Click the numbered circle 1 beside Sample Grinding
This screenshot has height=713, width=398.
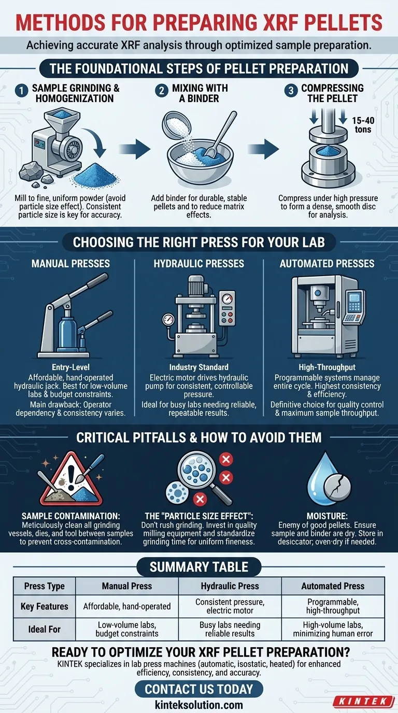tap(21, 91)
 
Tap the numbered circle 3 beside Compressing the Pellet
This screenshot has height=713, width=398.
tap(291, 90)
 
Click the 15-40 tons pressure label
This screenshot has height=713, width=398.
tap(363, 125)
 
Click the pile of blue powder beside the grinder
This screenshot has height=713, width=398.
tap(95, 176)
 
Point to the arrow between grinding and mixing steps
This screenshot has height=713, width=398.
tap(135, 148)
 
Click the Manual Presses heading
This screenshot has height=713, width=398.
tap(70, 264)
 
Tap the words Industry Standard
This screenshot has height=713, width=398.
tap(198, 367)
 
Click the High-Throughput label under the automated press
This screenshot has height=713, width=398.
tap(327, 367)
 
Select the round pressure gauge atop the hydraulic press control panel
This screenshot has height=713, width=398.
tap(226, 299)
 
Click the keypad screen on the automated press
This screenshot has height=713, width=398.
tap(354, 300)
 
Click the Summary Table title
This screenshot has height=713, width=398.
tap(199, 567)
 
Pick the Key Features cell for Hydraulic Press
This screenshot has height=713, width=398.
tap(230, 606)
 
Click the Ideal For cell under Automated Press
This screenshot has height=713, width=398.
tap(333, 629)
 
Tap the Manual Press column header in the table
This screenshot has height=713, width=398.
tap(127, 586)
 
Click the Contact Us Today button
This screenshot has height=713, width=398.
tap(199, 689)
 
